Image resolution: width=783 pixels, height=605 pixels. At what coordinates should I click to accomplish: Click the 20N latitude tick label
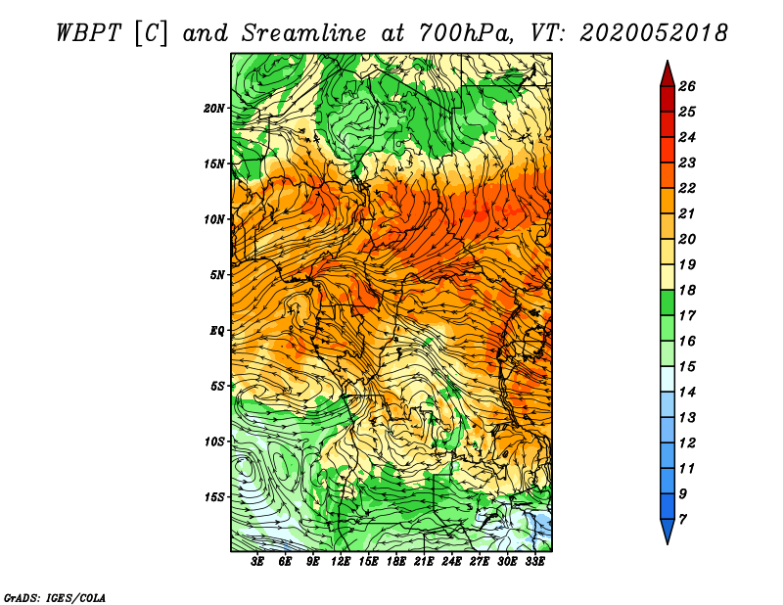coord(213,108)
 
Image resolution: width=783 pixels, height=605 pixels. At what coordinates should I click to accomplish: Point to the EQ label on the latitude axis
coord(217,331)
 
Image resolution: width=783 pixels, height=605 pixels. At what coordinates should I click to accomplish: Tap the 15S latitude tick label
coord(213,497)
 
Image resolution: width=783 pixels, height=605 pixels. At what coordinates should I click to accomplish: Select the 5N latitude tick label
coord(217,275)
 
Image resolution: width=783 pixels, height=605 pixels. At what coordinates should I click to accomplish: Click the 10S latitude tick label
coord(213,442)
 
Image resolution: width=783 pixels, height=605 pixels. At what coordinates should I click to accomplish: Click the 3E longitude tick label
coord(257,562)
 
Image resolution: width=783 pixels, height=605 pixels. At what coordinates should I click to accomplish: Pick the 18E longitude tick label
coord(396,562)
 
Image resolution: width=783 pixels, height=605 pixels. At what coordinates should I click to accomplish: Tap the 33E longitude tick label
coord(534,562)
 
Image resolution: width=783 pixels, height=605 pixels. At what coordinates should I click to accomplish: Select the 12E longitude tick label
coord(341,562)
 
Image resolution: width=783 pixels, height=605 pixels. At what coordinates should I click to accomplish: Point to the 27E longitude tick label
coord(480,562)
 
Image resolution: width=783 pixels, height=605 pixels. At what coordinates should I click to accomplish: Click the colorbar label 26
coord(687,86)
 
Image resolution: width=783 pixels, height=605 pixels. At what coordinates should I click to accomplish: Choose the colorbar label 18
coord(687,290)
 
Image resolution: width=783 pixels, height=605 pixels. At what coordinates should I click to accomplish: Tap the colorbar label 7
coord(682,520)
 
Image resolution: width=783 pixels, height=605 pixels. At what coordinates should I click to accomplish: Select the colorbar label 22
coord(687,188)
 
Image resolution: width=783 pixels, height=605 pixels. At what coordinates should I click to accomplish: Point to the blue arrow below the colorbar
coord(668,531)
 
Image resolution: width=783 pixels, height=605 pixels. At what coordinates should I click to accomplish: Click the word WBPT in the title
coord(89,33)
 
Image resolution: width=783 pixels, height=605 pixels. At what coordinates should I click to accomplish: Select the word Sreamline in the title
coord(304,33)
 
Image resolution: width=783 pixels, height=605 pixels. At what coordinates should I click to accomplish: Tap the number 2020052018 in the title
coord(654,33)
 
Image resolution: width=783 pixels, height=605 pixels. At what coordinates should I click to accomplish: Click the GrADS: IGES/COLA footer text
coord(55,597)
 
